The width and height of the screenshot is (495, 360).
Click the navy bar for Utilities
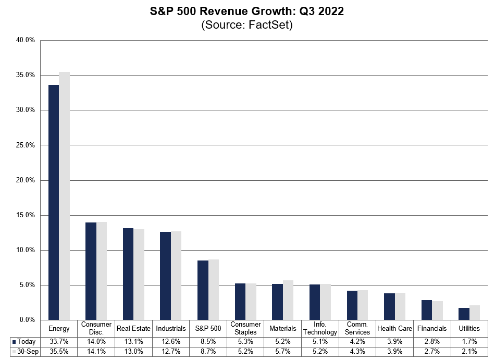tap(464, 314)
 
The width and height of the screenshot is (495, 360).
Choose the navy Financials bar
tap(427, 310)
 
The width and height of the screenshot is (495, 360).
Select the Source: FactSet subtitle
tap(247, 25)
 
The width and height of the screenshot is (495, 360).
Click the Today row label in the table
tap(25, 341)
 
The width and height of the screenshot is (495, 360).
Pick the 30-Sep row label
tap(25, 351)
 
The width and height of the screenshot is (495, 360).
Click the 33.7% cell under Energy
tap(59, 341)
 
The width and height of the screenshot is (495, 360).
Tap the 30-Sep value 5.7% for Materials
tap(283, 351)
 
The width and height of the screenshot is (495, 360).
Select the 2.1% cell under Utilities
tap(469, 351)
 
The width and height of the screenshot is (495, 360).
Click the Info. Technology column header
tap(320, 328)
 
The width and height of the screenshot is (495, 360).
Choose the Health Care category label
tap(395, 328)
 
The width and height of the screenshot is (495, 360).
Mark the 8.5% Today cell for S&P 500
tap(208, 341)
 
